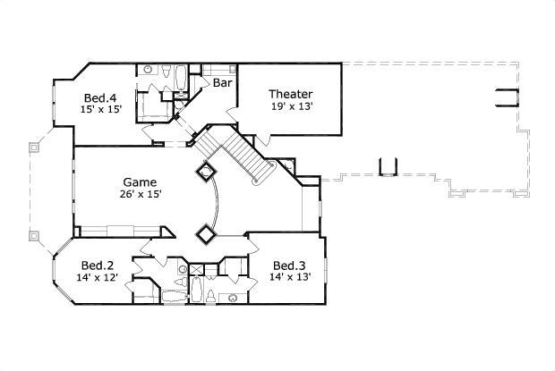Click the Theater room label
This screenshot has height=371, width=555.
[x=290, y=94]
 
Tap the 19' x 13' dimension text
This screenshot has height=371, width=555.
[x=290, y=106]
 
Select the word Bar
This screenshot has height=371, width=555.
[x=223, y=82]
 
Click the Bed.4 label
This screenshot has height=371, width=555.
[x=99, y=97]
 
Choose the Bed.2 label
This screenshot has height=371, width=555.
[x=97, y=265]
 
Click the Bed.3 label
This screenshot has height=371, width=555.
[x=288, y=265]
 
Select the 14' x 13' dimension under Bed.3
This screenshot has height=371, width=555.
[x=289, y=277]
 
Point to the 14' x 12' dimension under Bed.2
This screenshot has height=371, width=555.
[x=98, y=277]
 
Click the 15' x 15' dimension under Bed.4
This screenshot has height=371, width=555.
[x=100, y=110]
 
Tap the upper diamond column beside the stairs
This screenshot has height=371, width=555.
[x=205, y=171]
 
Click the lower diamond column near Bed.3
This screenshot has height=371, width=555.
[x=205, y=233]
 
